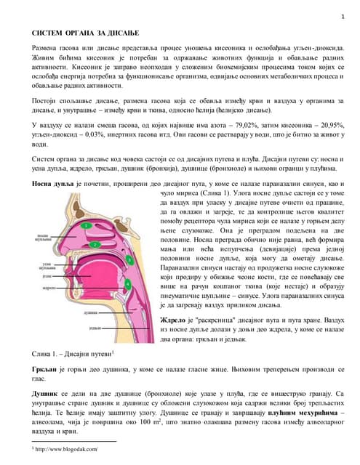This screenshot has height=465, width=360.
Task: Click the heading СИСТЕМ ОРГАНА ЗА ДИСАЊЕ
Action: pyautogui.click(x=84, y=33)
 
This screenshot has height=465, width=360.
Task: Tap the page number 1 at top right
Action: pyautogui.click(x=342, y=16)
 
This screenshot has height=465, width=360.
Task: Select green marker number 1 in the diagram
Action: pyautogui.click(x=87, y=226)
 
